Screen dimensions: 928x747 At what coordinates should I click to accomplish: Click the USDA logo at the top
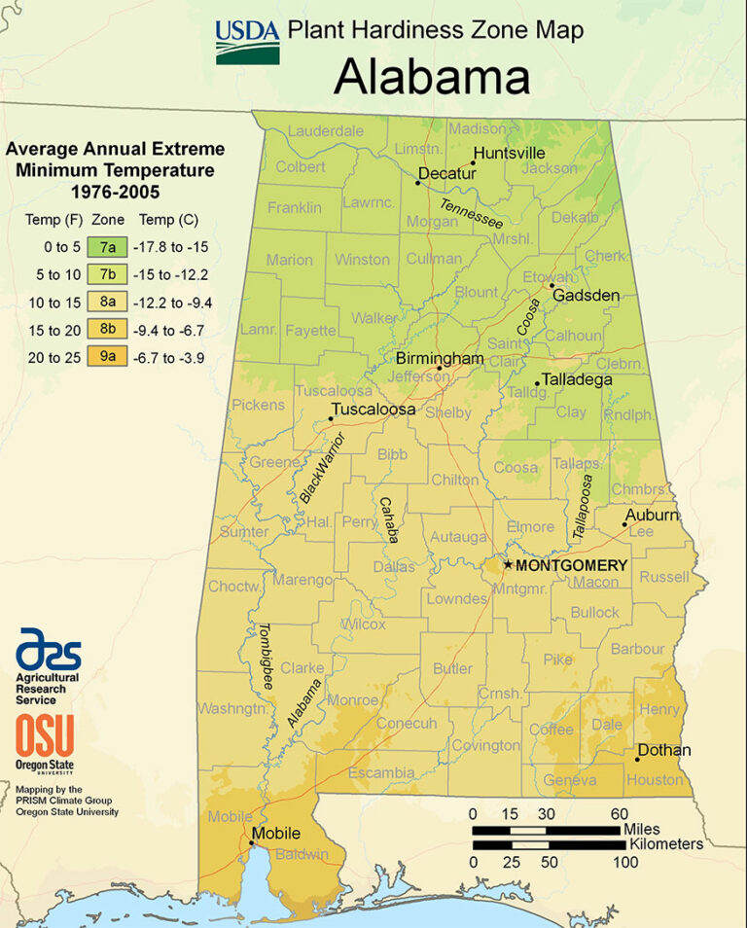(x=247, y=41)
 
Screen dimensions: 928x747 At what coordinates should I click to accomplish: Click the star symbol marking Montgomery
(x=507, y=564)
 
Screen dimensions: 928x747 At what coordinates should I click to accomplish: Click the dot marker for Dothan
(x=638, y=759)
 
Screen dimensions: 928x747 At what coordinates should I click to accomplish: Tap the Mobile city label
(x=275, y=834)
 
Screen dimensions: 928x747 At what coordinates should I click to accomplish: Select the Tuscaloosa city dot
(x=331, y=419)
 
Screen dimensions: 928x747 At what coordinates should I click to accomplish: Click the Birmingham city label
(x=439, y=359)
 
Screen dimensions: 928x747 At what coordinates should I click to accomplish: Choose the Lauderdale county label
(x=325, y=130)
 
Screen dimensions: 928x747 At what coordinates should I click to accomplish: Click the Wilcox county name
(x=363, y=624)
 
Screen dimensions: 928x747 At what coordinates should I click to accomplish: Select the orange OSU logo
(x=44, y=735)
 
